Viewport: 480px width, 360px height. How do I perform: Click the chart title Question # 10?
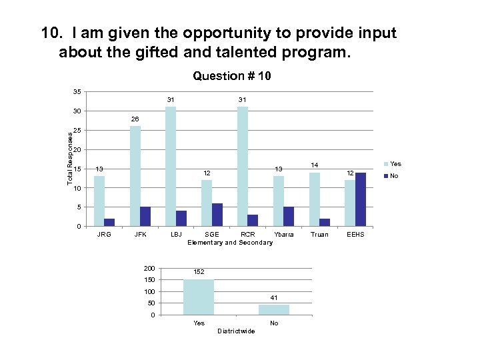pyautogui.click(x=231, y=76)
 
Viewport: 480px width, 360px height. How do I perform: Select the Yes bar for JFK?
pyautogui.click(x=135, y=176)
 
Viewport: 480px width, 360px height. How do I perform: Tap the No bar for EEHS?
pyautogui.click(x=361, y=199)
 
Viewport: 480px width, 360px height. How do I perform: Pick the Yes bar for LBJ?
pyautogui.click(x=171, y=167)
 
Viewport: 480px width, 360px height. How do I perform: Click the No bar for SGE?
pyautogui.click(x=217, y=215)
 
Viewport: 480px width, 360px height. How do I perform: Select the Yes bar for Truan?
pyautogui.click(x=315, y=199)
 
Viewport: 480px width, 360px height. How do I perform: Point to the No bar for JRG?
pyautogui.click(x=109, y=222)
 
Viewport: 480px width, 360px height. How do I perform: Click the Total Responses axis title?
pyautogui.click(x=69, y=158)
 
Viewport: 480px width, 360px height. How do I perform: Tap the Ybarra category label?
pyautogui.click(x=283, y=235)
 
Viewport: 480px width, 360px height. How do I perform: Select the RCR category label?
pyautogui.click(x=247, y=235)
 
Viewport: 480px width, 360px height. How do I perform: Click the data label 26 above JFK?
pyautogui.click(x=135, y=121)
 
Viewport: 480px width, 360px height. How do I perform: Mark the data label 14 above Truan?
pyautogui.click(x=315, y=164)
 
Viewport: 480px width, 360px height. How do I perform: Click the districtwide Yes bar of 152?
pyautogui.click(x=199, y=297)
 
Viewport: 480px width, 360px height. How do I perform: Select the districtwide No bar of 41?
pyautogui.click(x=274, y=309)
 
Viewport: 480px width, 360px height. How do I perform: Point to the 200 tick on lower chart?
pyautogui.click(x=149, y=268)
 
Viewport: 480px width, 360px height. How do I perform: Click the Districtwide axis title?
pyautogui.click(x=236, y=331)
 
